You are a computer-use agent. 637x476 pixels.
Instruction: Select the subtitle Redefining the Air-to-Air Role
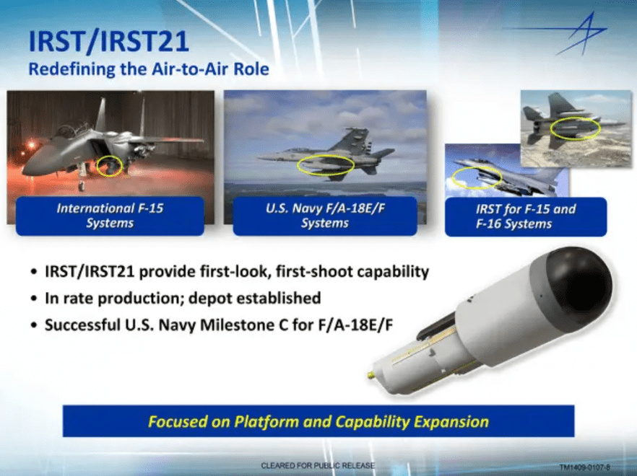148,70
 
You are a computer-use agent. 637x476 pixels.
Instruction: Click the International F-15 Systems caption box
110,216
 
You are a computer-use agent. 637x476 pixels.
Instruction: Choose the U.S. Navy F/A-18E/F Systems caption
324,216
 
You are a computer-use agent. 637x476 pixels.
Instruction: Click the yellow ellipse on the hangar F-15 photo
110,165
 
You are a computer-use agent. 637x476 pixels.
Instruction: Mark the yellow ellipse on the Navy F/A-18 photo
326,165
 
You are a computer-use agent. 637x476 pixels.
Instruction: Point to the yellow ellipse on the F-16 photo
476,177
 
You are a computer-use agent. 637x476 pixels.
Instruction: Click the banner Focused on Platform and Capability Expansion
318,421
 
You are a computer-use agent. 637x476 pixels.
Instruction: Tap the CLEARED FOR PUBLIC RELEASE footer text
318,466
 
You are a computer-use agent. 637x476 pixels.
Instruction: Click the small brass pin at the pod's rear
370,376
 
